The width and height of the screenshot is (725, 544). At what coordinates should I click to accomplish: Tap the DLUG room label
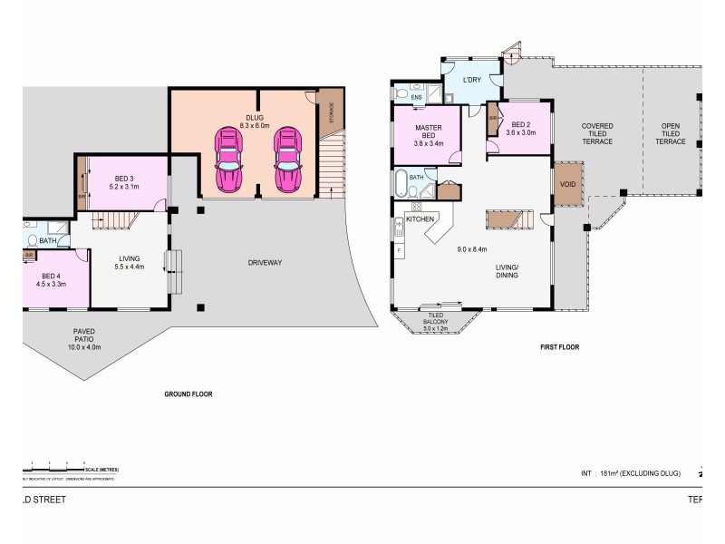pos(254,120)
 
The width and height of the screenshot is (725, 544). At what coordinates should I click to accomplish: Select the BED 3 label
pos(124,182)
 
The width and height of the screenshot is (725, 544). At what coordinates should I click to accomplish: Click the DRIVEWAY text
pos(266,263)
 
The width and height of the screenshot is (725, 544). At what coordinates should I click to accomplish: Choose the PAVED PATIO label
pos(84,339)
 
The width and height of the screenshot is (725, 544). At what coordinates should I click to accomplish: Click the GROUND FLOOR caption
pos(188,394)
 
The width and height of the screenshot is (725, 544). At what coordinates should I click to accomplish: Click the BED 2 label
pos(520,128)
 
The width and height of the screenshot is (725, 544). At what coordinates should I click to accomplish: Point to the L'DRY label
pos(471,80)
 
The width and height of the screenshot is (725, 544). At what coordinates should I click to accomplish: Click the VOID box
pos(568,185)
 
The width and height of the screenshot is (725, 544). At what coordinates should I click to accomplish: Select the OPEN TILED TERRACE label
pos(671,134)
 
